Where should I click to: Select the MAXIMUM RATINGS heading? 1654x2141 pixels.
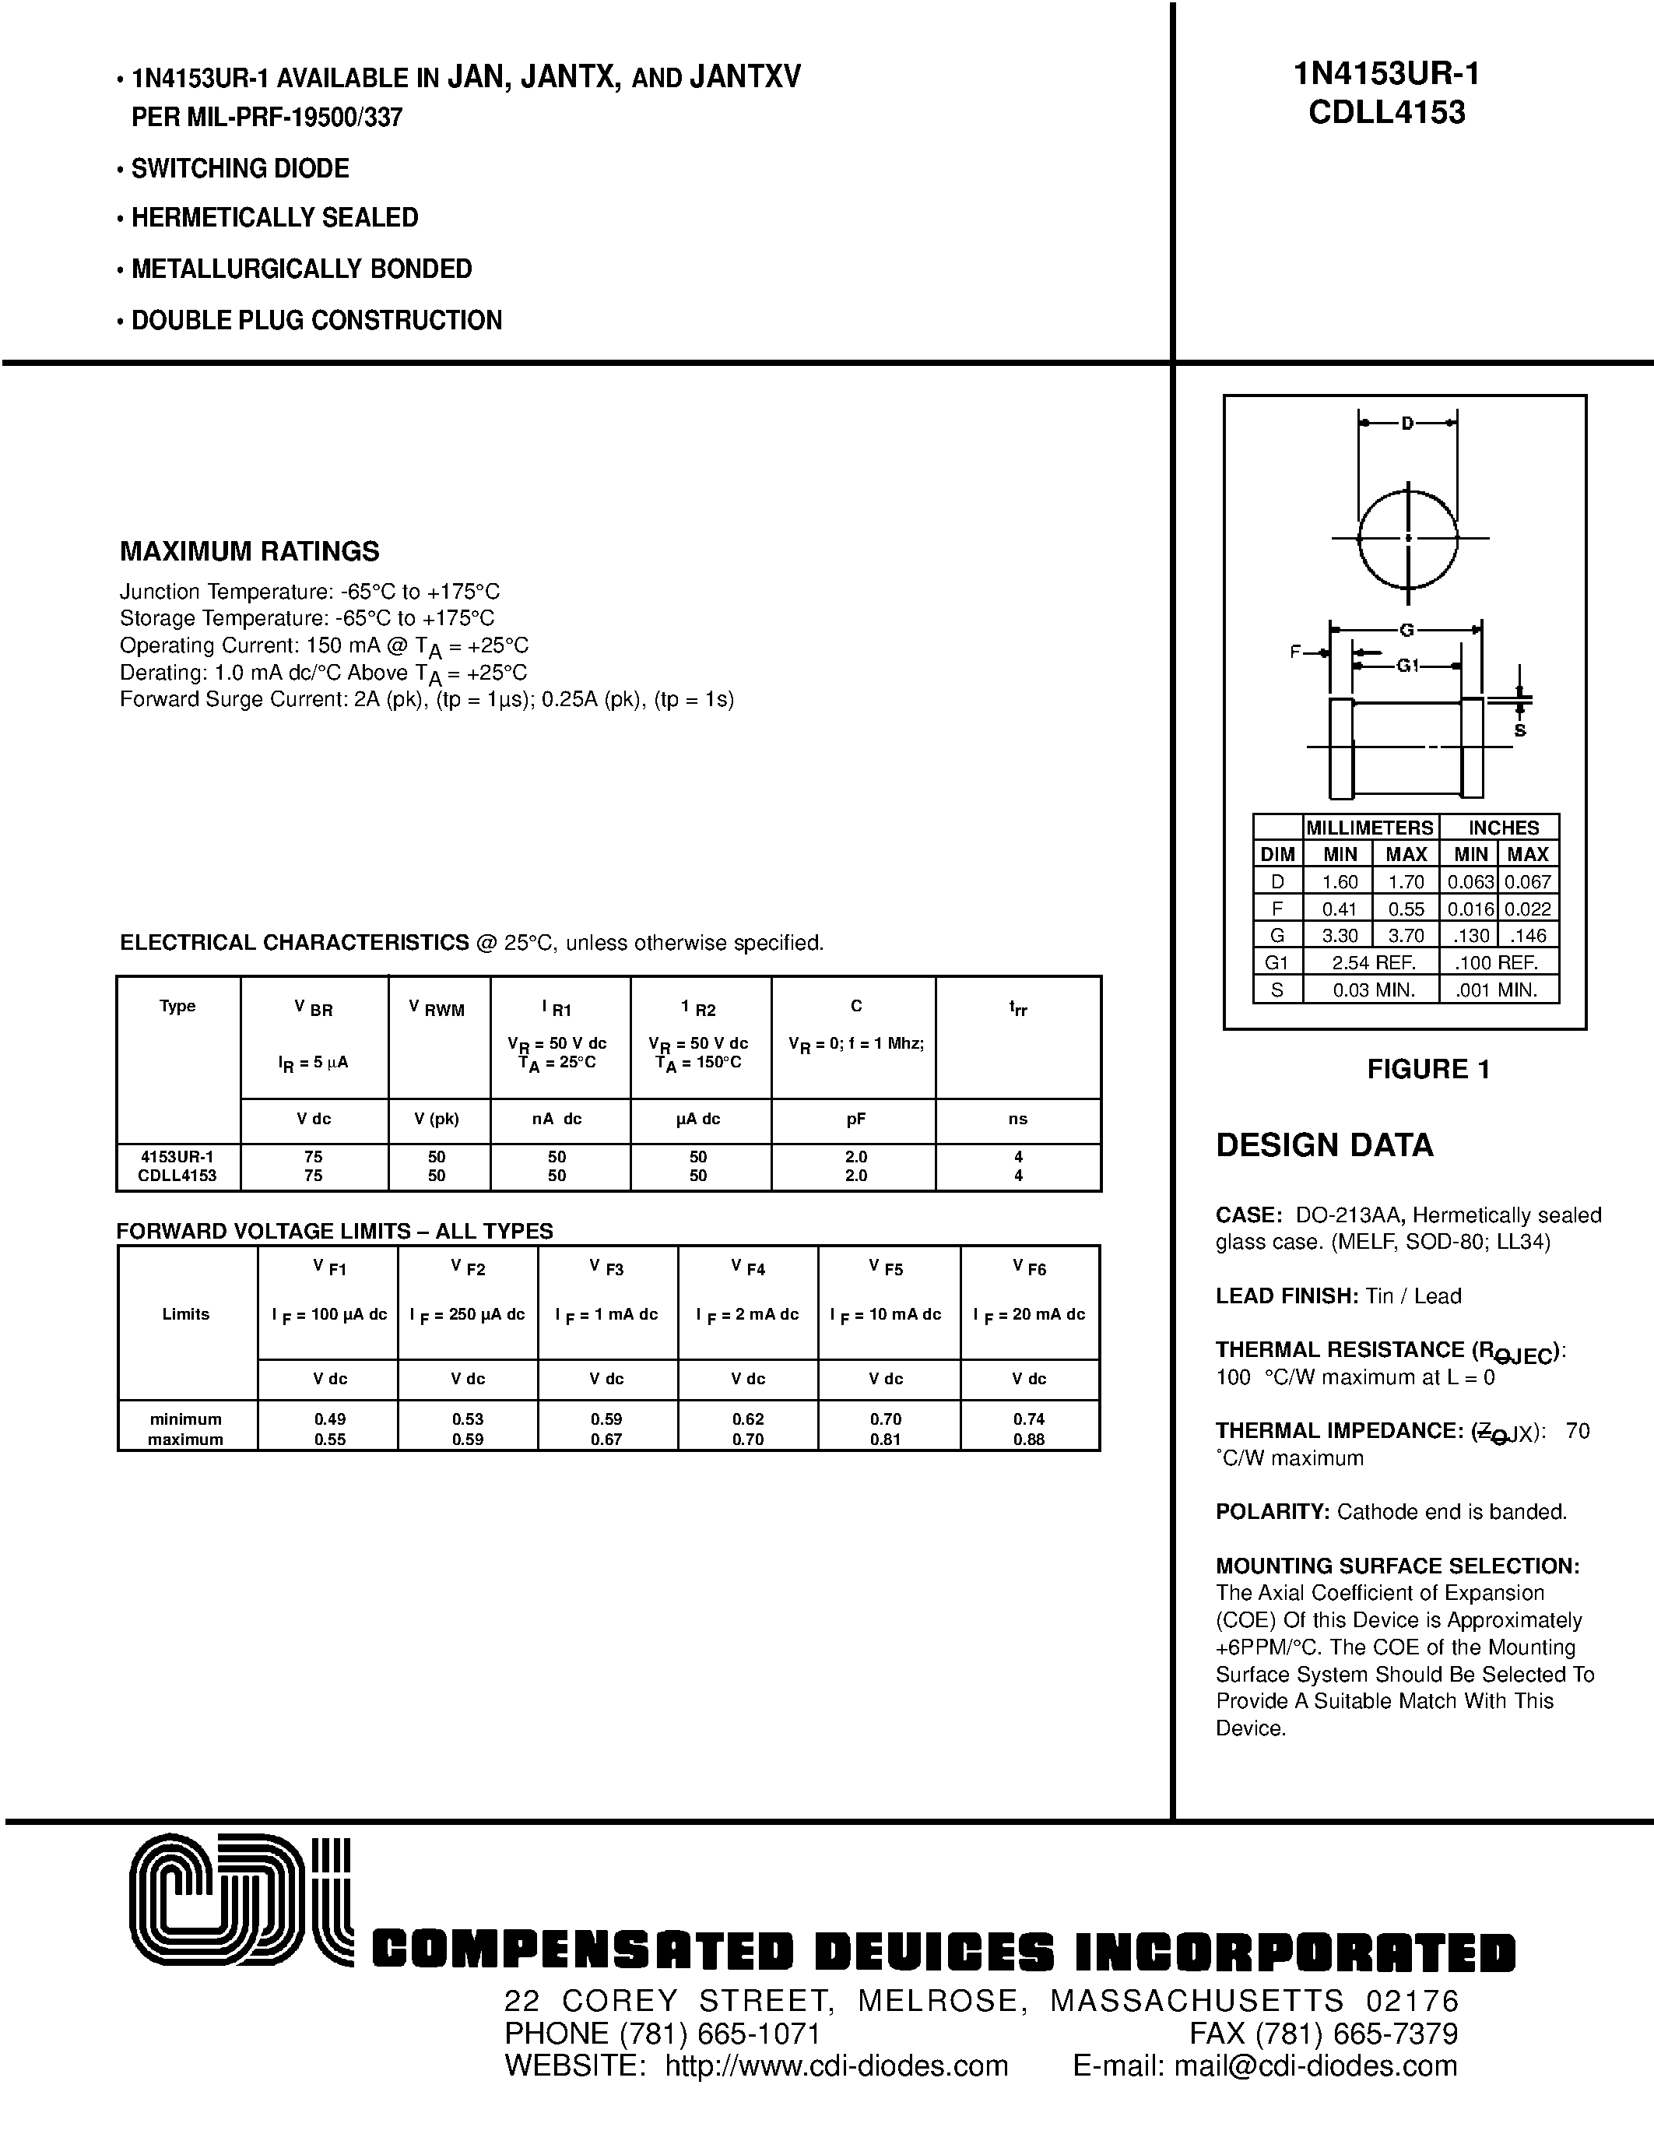(249, 552)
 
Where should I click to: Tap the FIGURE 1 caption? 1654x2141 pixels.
(1427, 1070)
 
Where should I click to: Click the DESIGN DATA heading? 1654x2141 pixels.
(1324, 1145)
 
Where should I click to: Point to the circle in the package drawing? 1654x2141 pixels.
(1408, 538)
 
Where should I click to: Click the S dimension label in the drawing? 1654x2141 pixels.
(1520, 730)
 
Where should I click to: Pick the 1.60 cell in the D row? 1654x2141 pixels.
(1340, 881)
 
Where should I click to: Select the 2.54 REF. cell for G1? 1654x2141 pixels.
(1370, 962)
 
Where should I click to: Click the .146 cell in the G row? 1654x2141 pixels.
(1528, 935)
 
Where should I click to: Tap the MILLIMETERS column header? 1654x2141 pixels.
(1369, 828)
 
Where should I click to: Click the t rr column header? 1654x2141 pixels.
(1018, 1007)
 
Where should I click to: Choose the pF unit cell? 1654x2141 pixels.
(855, 1119)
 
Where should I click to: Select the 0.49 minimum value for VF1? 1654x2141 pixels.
(330, 1419)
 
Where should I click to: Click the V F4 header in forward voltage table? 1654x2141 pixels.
(748, 1267)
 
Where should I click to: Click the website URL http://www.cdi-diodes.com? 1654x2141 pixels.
(836, 2065)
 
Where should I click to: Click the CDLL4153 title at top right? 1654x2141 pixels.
(1386, 113)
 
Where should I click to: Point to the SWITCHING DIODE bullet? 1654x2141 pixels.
(239, 169)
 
